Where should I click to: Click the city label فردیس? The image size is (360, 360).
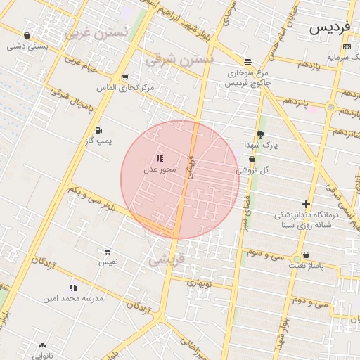[328, 27]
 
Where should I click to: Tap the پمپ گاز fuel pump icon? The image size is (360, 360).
[98, 130]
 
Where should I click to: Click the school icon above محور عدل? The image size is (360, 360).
[159, 158]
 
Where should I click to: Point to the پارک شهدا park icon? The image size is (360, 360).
[260, 134]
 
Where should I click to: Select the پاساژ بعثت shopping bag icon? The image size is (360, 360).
[306, 255]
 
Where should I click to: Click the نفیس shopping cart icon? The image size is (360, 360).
[108, 251]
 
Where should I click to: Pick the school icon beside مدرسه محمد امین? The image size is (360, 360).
[73, 287]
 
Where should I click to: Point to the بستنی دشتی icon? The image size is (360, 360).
[27, 35]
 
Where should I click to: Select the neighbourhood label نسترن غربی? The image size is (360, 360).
[97, 33]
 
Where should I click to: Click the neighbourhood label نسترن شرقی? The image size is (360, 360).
[179, 60]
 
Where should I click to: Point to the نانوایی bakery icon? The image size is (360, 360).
[44, 347]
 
